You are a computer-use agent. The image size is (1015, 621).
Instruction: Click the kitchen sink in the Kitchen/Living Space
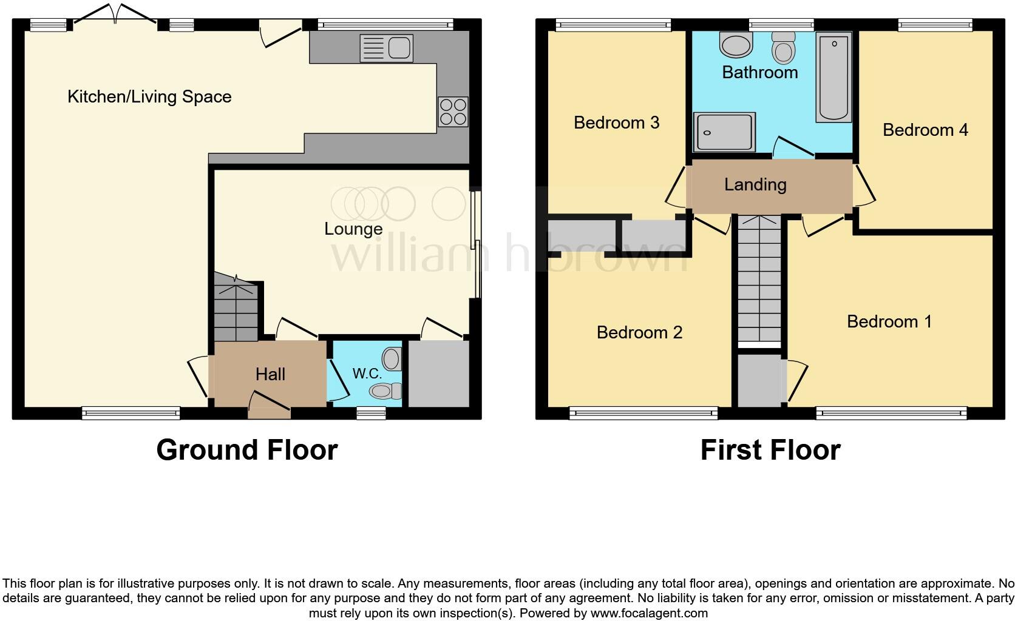pos(386,49)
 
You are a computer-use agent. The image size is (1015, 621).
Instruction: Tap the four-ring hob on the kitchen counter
pos(453,112)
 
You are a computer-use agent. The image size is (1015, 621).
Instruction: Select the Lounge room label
pos(353,229)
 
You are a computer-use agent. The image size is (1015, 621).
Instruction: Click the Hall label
pos(270,374)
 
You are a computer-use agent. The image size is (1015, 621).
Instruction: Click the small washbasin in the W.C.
pos(393,359)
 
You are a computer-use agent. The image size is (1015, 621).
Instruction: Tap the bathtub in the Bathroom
pos(834,77)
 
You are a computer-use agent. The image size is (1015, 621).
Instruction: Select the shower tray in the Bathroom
pos(724,132)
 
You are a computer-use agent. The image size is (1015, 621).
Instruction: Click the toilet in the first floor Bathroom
pos(784,49)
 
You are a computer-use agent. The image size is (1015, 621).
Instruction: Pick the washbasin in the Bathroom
pos(736,44)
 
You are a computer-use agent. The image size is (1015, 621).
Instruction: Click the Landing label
pos(755,184)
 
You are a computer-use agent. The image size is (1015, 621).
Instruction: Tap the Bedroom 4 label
pos(925,130)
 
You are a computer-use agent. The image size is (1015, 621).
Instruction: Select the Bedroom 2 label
pos(639,332)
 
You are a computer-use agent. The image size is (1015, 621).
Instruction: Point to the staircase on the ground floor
pos(236,309)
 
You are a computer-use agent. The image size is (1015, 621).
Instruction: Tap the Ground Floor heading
pos(246,450)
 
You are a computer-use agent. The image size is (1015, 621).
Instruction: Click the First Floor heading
pos(770,450)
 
